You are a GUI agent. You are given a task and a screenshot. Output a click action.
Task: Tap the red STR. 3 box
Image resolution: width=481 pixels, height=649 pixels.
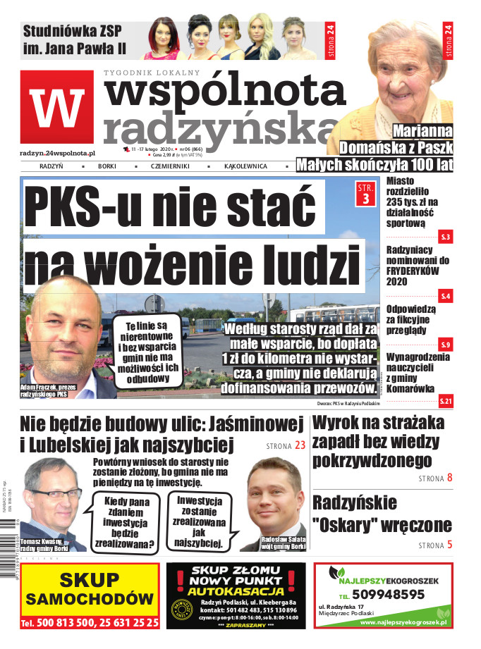point(365,193)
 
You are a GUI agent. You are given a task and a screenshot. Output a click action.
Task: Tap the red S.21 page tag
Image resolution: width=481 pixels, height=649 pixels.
point(445,402)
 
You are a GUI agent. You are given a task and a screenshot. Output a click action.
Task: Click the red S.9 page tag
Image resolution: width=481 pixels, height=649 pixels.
point(445,345)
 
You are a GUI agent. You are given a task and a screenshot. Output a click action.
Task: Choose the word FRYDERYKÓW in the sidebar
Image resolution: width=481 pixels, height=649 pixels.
point(413,271)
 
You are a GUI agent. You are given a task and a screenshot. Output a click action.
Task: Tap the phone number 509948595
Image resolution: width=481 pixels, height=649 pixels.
point(389,594)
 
